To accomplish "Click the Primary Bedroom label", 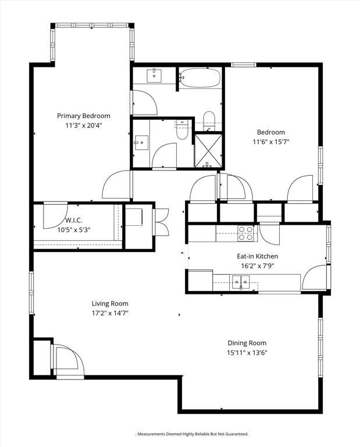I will coord(83,116).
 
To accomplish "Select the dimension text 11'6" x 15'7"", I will coord(271,141).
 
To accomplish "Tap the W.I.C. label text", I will coord(74,220).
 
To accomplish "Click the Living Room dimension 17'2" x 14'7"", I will coord(110,313).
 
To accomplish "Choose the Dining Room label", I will coord(247,343).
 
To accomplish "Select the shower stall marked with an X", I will coord(208,150).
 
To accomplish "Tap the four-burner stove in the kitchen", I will coord(246,233).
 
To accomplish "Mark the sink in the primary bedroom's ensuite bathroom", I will coord(141,143).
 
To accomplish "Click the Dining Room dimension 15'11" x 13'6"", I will coord(247,353).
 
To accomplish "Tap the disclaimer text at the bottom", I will coord(192,434).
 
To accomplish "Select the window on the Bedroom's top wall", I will coord(243,65).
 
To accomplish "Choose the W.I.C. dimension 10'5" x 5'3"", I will coord(74,229).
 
